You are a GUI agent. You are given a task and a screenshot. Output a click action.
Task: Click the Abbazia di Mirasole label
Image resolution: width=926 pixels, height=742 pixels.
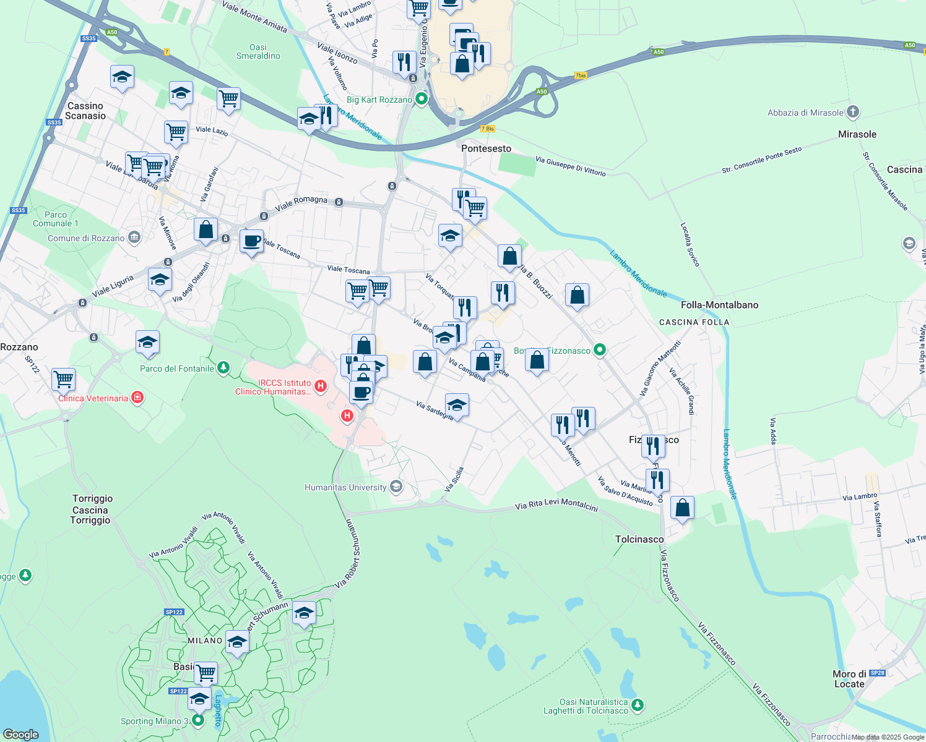(805, 113)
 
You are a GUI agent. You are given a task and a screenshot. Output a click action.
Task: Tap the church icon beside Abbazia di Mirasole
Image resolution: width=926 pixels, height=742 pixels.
(853, 112)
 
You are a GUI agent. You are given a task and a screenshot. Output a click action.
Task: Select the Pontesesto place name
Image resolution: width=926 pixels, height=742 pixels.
(487, 148)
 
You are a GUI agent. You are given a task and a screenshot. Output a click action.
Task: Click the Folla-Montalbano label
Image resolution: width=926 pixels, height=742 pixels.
(719, 305)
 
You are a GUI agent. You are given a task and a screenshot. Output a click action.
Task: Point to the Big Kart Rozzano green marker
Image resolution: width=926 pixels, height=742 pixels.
(422, 99)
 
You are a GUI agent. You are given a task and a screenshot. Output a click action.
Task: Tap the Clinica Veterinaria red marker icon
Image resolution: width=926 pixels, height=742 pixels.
(137, 398)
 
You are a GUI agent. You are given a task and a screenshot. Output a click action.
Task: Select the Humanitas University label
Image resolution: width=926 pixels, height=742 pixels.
(345, 487)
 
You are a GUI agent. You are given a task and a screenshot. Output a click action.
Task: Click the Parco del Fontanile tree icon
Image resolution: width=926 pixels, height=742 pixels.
(223, 368)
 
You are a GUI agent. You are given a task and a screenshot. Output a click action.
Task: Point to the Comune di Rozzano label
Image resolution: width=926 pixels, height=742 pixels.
(86, 238)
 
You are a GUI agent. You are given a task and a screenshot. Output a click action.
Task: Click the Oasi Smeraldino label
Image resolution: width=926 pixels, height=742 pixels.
(258, 51)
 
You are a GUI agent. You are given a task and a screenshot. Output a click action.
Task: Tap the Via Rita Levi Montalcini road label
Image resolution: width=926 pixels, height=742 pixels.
(556, 505)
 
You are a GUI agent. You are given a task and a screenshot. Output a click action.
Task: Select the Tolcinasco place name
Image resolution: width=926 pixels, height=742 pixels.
(639, 539)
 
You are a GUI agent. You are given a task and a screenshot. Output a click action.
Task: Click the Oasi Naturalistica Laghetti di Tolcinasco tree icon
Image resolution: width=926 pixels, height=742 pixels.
(638, 704)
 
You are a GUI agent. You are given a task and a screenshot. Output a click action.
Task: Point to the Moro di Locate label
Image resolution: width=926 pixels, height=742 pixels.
(849, 679)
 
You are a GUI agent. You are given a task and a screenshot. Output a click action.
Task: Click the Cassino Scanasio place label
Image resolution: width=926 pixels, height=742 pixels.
(85, 111)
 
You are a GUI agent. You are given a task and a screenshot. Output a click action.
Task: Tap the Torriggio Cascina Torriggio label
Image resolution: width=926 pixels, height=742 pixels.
(91, 510)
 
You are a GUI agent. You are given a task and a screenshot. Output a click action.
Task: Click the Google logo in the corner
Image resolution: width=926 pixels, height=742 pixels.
(21, 734)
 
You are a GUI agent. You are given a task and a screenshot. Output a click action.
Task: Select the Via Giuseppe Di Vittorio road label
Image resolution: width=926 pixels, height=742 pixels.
(571, 166)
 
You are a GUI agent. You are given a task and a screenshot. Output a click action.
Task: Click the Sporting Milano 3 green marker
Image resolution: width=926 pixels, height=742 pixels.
(198, 720)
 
